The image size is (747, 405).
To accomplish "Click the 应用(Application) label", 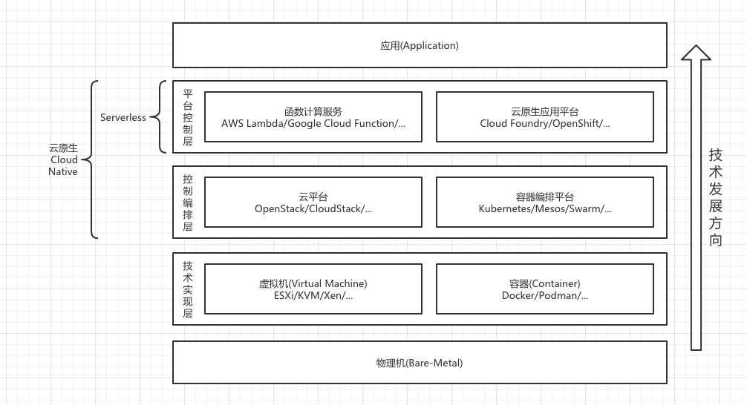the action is [x=420, y=46].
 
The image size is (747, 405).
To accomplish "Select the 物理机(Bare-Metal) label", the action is [x=420, y=363].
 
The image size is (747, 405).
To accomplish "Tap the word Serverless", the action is [x=123, y=117].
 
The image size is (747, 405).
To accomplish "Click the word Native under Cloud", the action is [x=63, y=172].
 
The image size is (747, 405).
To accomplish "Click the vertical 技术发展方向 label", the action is [x=716, y=197].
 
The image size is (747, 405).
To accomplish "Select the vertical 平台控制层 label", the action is [x=188, y=117].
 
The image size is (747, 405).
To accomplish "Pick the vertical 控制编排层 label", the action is [x=188, y=202].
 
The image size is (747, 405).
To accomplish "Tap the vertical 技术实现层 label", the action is [x=188, y=289].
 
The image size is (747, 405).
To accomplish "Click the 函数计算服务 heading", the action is [x=313, y=112].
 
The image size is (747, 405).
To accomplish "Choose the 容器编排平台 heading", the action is [x=544, y=197].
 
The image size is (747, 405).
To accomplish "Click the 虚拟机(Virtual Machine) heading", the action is [x=313, y=283].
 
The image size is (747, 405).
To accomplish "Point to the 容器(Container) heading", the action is [x=544, y=283].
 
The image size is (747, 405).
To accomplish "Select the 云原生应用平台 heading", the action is [x=544, y=112].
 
